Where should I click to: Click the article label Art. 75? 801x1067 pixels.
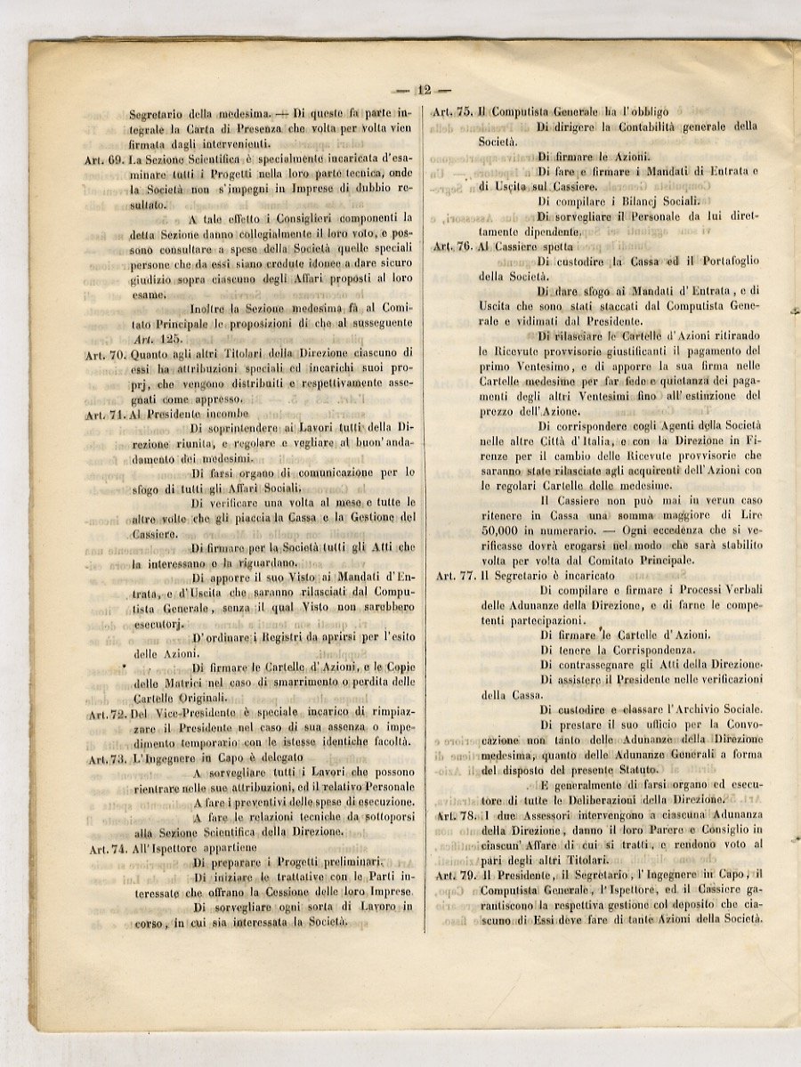[x=452, y=112]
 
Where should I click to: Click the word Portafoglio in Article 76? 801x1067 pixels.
[x=722, y=261]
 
